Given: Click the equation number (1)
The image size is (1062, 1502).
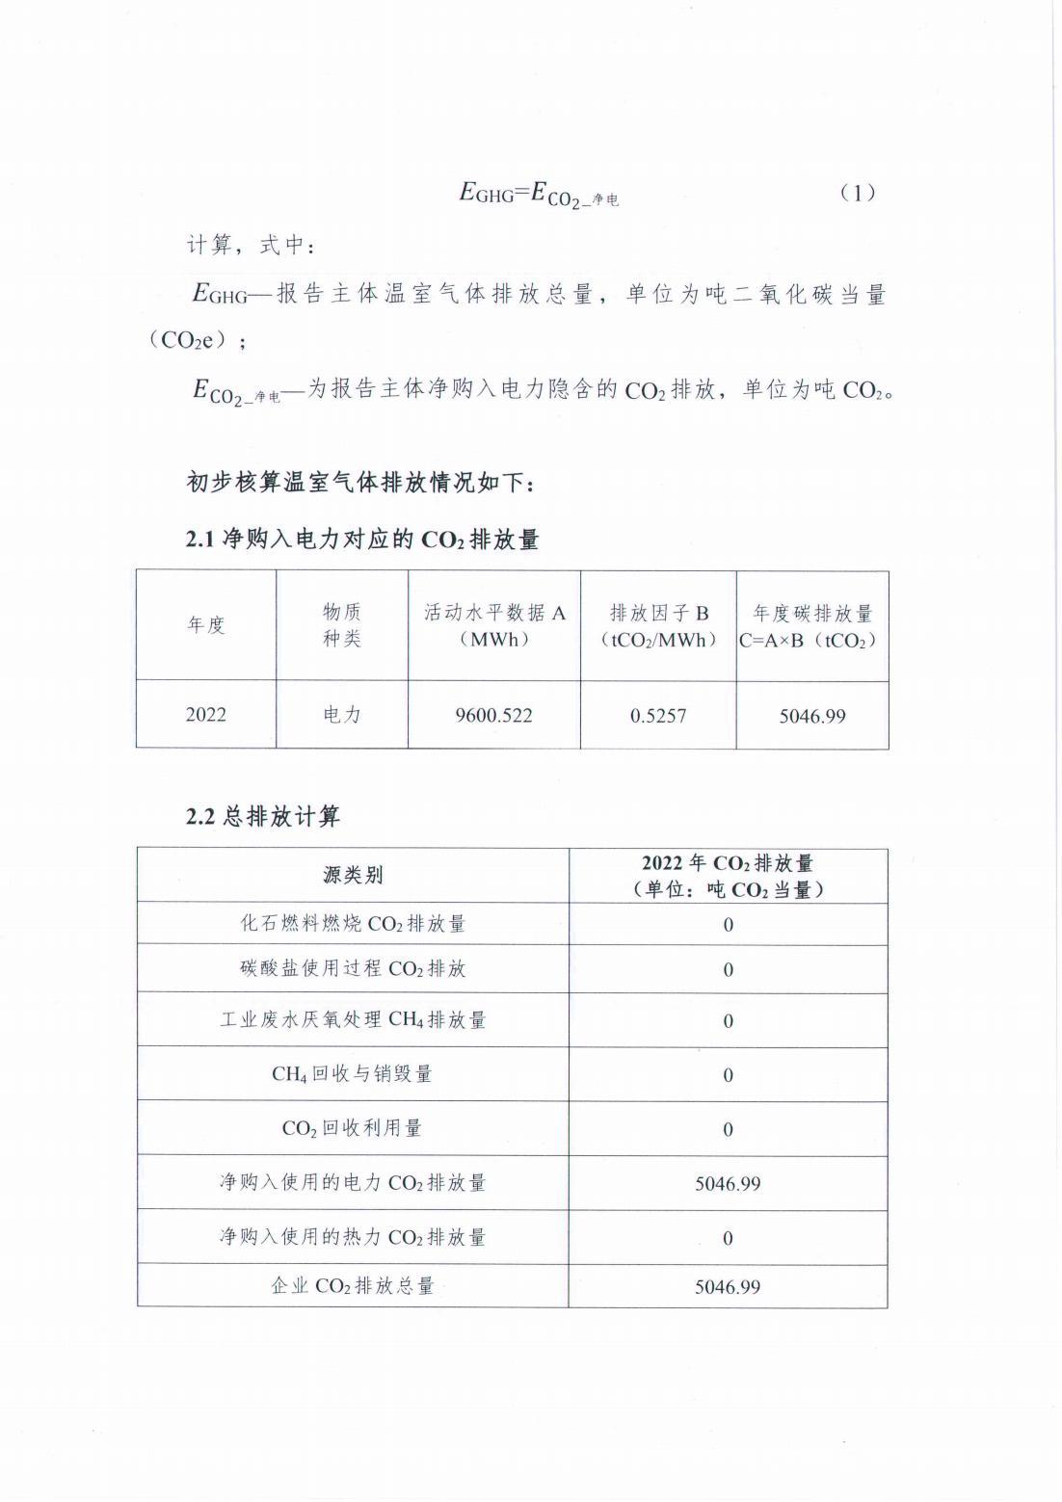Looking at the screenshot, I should (857, 193).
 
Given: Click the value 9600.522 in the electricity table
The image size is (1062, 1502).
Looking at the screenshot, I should (493, 715).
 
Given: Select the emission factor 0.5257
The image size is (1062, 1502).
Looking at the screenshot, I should (658, 716).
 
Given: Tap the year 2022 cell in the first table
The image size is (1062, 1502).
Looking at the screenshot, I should (206, 714).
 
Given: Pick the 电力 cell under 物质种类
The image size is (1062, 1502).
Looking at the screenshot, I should (342, 715).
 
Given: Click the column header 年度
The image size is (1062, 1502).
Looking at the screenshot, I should (206, 624).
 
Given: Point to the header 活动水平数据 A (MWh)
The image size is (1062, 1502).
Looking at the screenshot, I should (494, 625).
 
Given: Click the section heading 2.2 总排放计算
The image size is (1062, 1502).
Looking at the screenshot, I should (263, 817).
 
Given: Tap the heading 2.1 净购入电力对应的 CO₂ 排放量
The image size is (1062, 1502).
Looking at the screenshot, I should (362, 540).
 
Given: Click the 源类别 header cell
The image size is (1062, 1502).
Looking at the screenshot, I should (353, 875).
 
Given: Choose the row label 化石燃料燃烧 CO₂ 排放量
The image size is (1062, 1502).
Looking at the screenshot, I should (353, 923).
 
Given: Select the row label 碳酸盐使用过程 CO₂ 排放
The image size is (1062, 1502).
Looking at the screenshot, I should (353, 968).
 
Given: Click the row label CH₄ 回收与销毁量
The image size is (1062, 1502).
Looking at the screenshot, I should (353, 1073).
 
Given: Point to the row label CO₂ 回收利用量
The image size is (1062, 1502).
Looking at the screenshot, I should (353, 1128).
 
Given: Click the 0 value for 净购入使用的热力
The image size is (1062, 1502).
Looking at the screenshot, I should (728, 1238).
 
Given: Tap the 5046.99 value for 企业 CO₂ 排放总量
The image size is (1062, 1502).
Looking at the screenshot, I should (728, 1286).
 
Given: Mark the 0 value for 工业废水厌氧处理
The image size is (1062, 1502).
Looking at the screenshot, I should (728, 1020).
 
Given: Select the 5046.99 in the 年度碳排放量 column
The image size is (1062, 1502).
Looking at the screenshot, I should (812, 716).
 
